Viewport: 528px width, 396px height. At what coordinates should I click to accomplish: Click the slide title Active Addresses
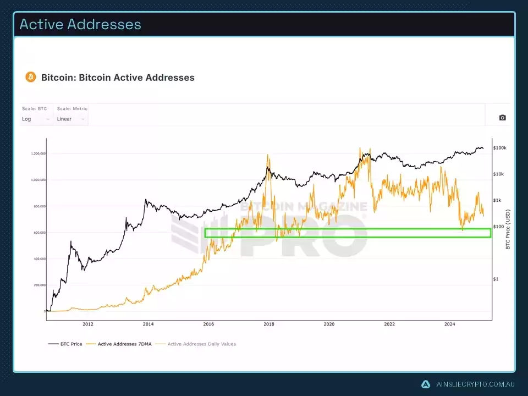coord(80,24)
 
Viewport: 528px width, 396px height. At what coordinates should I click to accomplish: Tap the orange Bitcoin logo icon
coord(31,77)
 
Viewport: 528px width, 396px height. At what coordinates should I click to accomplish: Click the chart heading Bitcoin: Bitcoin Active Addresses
coord(118,78)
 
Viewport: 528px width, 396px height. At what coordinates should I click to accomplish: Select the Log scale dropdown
coord(36,119)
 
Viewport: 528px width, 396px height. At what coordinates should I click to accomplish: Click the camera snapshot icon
coord(502,118)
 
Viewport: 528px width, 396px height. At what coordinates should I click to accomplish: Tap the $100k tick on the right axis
coord(500,148)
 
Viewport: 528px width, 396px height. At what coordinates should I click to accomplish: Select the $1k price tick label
coord(498,200)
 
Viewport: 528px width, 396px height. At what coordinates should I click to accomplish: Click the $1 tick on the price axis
coord(496,279)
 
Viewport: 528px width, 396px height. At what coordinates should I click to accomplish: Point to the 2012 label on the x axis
coord(88,324)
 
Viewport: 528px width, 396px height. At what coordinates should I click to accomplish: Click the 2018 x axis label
coord(269,324)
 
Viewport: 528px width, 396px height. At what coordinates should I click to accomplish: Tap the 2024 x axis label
coord(450,324)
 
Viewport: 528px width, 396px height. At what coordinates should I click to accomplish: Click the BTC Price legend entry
coord(66,344)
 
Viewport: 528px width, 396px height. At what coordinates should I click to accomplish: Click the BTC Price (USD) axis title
coord(508,229)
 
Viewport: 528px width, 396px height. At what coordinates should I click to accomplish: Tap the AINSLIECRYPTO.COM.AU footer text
coord(474,384)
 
